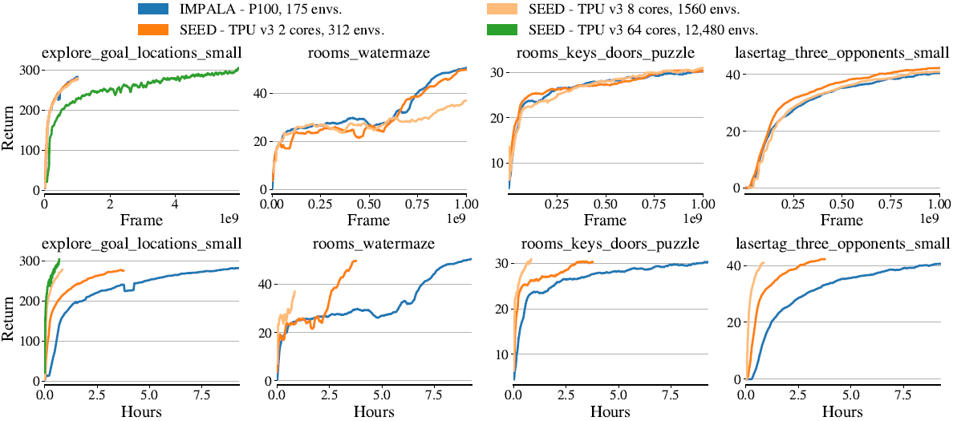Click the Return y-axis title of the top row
10,131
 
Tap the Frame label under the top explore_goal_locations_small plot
141,220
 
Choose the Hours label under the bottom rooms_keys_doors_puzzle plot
610,411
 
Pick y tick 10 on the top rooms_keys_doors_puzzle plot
498,163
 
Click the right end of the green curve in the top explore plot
238,69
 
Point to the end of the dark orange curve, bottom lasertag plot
824,259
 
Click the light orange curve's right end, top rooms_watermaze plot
465,100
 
